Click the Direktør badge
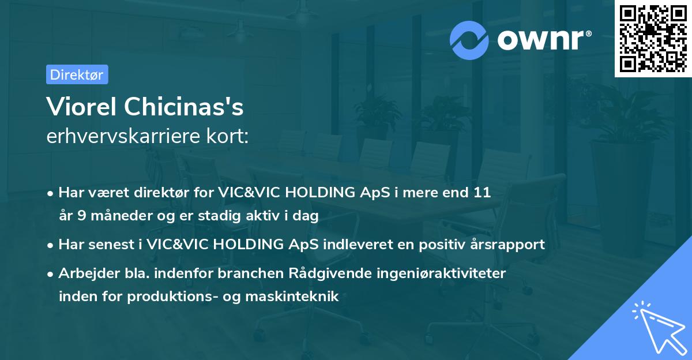pos(77,74)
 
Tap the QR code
pos(653,39)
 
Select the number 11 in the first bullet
pos(482,193)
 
